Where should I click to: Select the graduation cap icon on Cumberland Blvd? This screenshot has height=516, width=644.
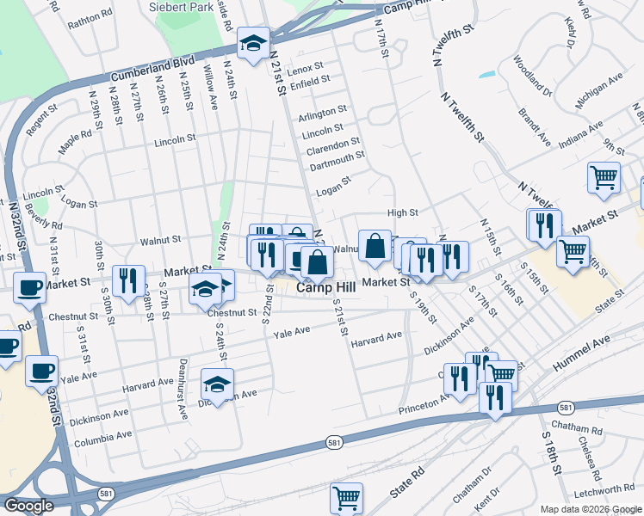click(x=254, y=44)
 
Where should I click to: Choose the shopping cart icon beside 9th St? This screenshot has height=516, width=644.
click(x=604, y=178)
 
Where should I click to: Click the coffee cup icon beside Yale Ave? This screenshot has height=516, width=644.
click(x=41, y=372)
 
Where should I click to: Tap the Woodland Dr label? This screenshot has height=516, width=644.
click(x=531, y=76)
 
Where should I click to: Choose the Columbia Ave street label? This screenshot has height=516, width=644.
click(x=102, y=438)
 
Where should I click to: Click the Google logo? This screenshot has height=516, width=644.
click(x=29, y=506)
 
